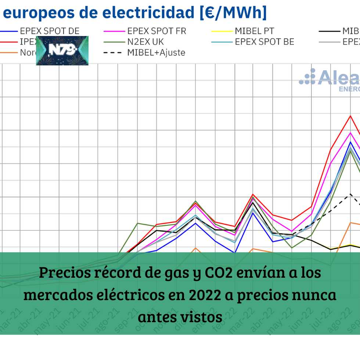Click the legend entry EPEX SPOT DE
pyautogui.click(x=50, y=31)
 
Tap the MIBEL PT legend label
pyautogui.click(x=254, y=31)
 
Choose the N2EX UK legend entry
pyautogui.click(x=145, y=42)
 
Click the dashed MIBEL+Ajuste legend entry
pyautogui.click(x=156, y=53)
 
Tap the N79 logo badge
pyautogui.click(x=62, y=51)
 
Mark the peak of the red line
pyautogui.click(x=350, y=116)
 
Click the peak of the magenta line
pyautogui.click(x=350, y=133)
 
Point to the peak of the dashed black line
pyautogui.click(x=350, y=194)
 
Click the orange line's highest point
pyautogui.click(x=350, y=223)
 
